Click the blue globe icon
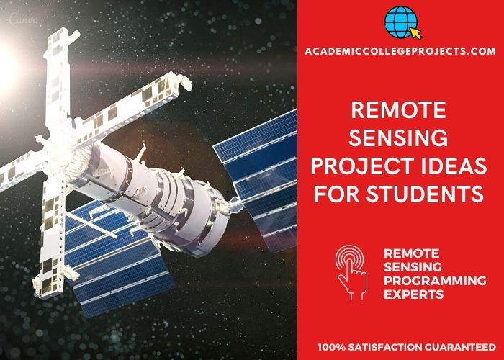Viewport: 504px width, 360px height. tap(400, 22)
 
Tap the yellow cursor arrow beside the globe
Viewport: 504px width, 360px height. tap(415, 33)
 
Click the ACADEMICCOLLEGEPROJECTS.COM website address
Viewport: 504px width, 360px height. tap(400, 51)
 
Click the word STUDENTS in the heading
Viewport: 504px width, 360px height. tap(425, 194)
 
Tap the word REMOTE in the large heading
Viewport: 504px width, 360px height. tap(399, 110)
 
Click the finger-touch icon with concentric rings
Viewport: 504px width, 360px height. tap(351, 273)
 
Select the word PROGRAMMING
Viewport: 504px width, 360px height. tap(435, 280)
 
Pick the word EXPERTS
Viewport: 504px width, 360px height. tap(414, 294)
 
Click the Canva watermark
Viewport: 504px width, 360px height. tap(23, 19)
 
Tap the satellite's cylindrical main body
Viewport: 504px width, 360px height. tap(151, 196)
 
